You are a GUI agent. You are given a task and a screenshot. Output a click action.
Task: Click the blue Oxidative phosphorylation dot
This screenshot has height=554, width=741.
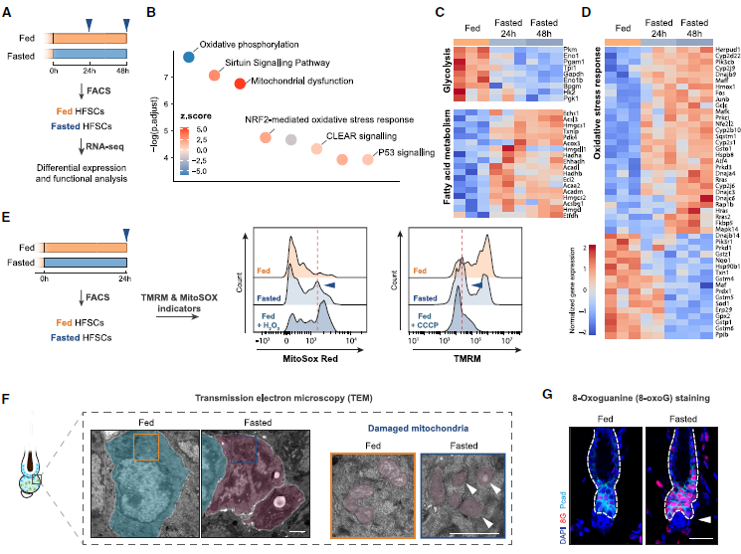pos(188,56)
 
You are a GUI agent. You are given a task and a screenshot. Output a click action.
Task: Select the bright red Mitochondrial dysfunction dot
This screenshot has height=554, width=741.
pos(240,83)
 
